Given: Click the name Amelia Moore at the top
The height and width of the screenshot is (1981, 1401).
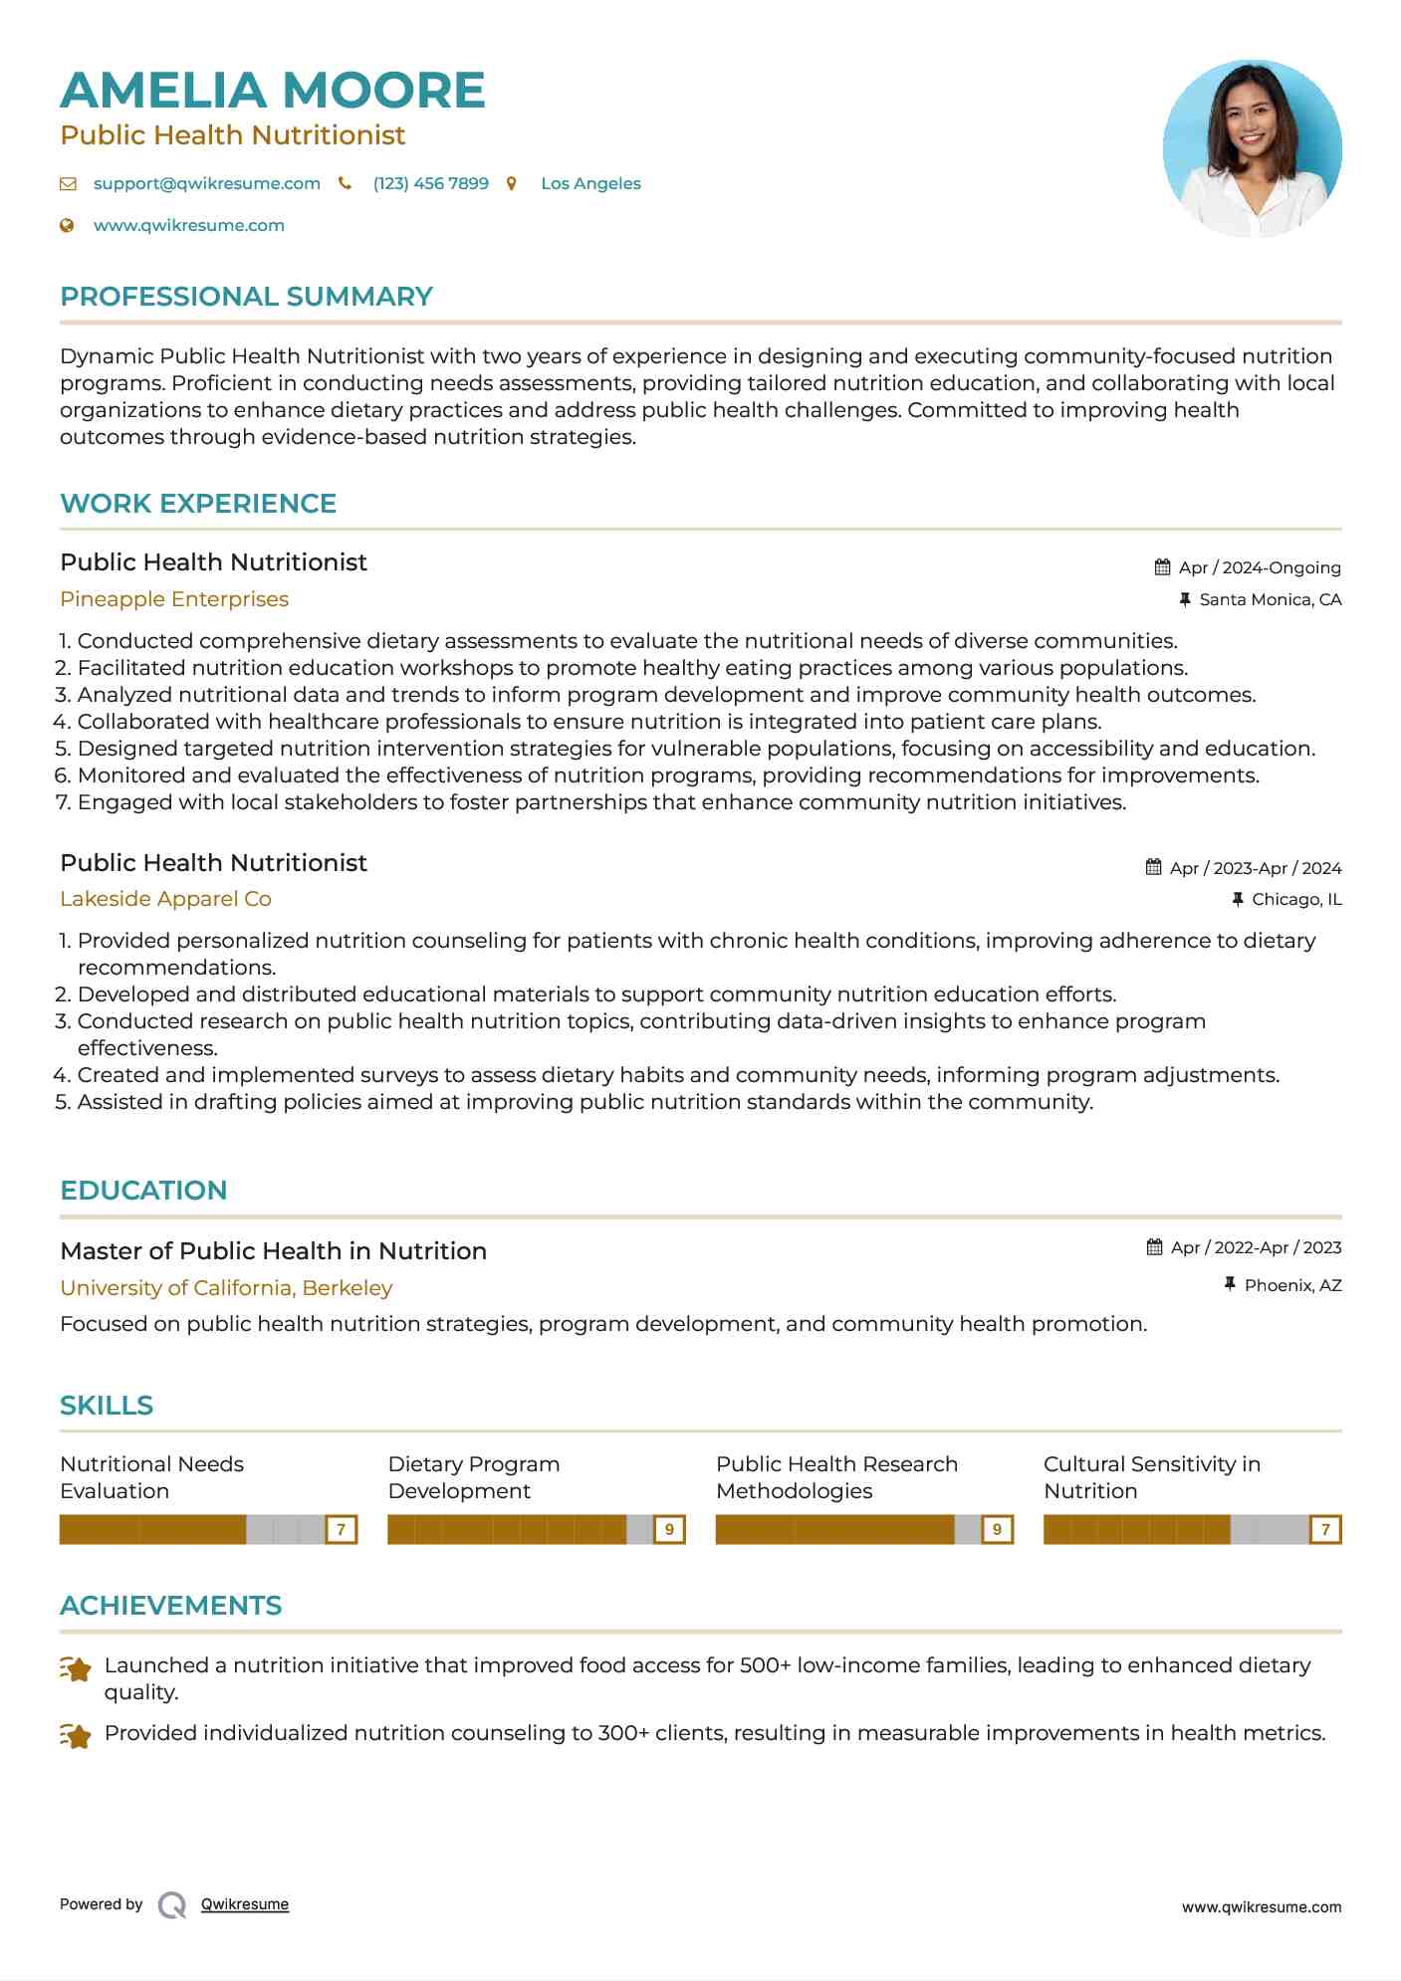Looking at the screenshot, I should (x=272, y=91).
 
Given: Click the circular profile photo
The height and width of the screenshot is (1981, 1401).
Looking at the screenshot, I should (x=1252, y=149).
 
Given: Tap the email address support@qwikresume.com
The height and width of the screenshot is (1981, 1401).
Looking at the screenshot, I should (x=206, y=184).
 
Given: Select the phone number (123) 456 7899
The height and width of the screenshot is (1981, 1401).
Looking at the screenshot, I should (x=430, y=184).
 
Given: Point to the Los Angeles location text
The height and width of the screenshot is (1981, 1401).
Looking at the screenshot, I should (x=590, y=184).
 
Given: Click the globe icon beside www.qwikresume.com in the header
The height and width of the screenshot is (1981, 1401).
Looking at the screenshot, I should (x=68, y=226).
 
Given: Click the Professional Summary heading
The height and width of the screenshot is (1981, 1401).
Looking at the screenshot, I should (x=246, y=297).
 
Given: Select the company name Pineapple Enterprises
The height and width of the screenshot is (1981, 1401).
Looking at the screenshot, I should (x=174, y=599).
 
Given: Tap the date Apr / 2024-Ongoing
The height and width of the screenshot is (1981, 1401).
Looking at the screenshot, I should (x=1259, y=568).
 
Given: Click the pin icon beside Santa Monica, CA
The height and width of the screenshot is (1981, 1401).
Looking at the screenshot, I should (x=1185, y=599).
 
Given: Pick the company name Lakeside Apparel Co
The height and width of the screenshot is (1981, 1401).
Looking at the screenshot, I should (x=165, y=899).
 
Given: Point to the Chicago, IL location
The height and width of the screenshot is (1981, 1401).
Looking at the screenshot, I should (x=1295, y=900).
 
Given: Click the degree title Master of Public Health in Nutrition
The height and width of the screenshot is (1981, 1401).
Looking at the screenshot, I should (x=273, y=1251).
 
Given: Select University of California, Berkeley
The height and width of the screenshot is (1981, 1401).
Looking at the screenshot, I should (x=226, y=1288).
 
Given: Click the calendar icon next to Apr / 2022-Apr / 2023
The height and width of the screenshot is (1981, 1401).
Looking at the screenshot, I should (x=1155, y=1247).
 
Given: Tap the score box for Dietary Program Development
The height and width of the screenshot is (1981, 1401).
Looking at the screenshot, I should (x=669, y=1529).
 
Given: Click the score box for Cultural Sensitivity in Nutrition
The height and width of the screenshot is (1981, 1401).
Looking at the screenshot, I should (x=1324, y=1529).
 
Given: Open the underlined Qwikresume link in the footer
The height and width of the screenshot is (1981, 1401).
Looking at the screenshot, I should (x=245, y=1904).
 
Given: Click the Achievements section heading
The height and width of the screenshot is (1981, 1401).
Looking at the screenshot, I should (x=170, y=1606).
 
